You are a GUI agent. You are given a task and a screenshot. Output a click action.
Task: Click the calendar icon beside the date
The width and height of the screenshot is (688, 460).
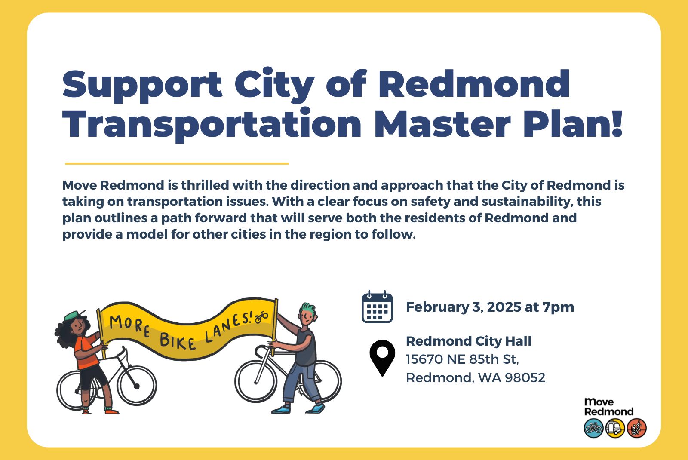377,307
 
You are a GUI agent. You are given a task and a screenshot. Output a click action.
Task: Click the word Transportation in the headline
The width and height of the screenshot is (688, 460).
212,124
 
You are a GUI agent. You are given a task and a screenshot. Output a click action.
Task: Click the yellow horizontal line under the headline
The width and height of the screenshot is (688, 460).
177,164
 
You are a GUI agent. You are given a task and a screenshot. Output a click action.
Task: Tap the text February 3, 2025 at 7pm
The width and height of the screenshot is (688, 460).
490,307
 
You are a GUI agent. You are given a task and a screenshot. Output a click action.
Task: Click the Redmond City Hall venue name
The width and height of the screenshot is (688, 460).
469,341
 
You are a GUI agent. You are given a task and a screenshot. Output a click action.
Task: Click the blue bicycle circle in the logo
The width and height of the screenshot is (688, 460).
594,428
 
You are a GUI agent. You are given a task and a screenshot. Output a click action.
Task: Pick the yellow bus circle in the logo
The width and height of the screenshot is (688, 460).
615,428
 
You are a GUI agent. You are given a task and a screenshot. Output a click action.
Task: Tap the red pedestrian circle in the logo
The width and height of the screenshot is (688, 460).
637,428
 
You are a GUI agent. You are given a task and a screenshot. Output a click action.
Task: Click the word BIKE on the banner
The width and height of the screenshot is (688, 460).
178,342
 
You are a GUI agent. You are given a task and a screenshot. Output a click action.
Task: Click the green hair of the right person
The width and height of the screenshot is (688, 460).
308,308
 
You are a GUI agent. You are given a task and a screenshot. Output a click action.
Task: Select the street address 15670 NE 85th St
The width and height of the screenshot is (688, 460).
462,359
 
